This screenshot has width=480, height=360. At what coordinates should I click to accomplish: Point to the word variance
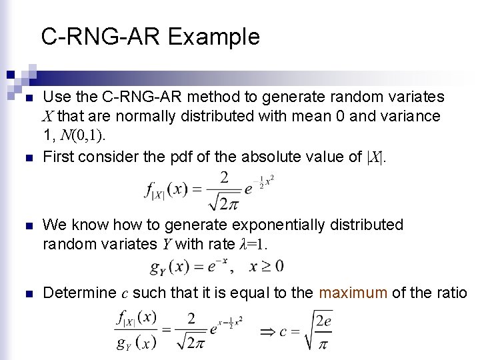click(x=407, y=116)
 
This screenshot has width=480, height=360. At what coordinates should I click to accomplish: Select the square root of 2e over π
click(x=317, y=331)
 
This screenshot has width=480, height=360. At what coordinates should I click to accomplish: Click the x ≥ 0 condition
click(x=266, y=267)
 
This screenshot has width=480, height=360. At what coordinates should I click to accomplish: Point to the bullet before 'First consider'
click(x=27, y=158)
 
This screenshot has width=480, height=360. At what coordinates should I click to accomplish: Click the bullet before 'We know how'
click(x=27, y=226)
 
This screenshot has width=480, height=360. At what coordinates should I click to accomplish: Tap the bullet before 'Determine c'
click(x=27, y=293)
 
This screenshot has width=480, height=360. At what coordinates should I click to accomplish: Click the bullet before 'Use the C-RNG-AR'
click(x=27, y=98)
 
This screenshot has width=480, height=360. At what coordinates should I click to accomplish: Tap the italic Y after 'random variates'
click(x=167, y=244)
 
